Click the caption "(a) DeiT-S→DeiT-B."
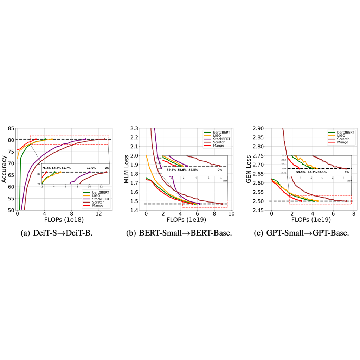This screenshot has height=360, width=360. point(62,233)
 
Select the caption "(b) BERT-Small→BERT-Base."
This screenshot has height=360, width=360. point(179,233)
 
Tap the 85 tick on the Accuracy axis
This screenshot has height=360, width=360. point(12,128)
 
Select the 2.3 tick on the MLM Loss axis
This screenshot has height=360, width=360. point(135,128)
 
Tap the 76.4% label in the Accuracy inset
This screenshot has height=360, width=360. point(46,168)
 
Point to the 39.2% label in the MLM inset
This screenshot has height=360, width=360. point(171,169)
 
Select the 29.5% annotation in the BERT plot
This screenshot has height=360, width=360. point(193,169)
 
